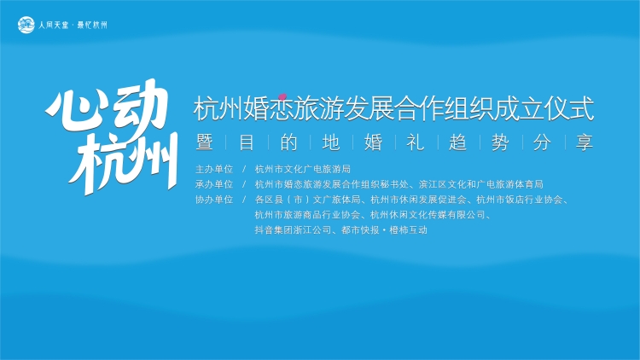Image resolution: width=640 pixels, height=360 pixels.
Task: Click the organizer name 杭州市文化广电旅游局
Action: point(303,169)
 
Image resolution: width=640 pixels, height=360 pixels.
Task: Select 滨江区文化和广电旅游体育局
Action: point(481,184)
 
